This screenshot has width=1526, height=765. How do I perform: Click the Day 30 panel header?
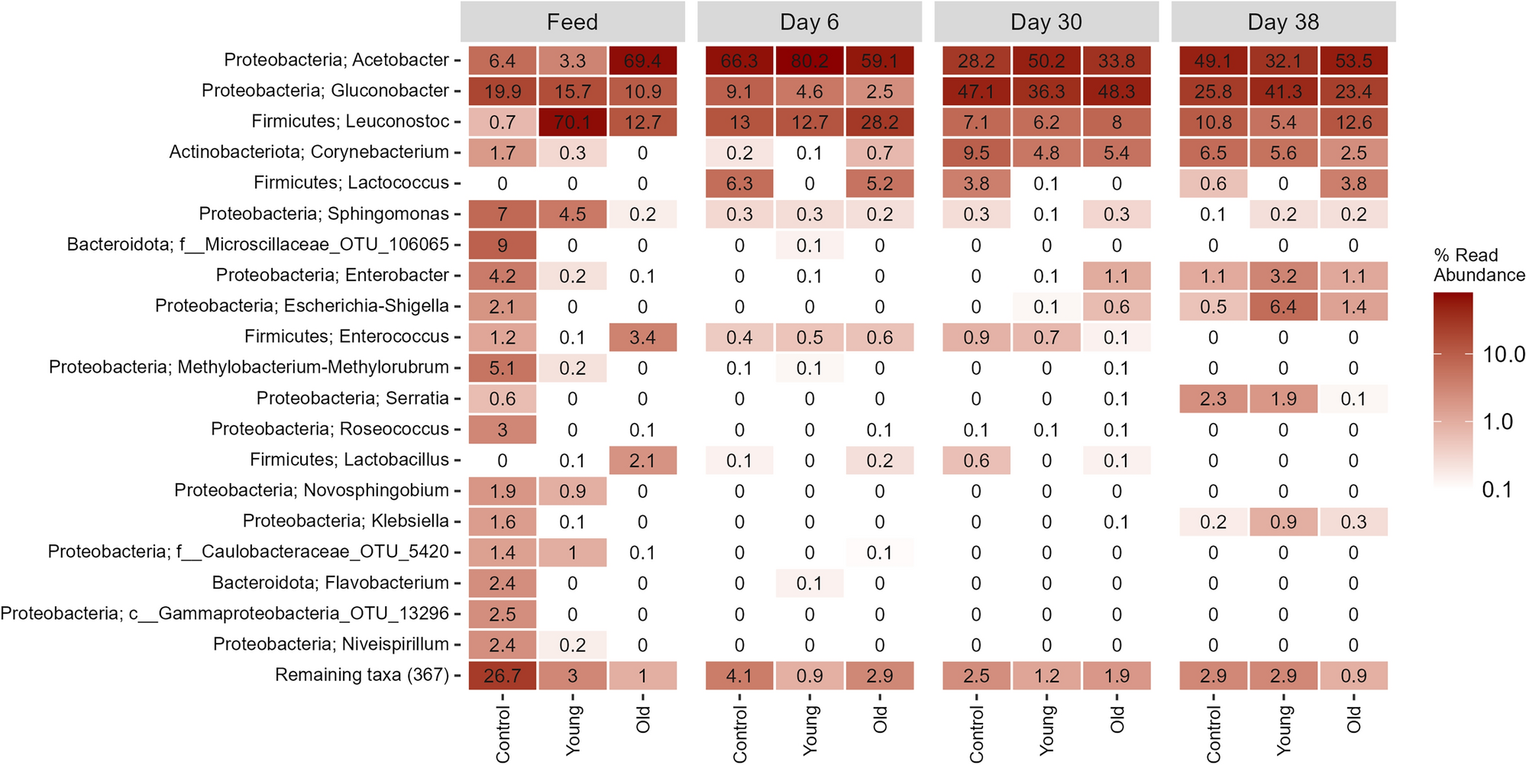click(x=1046, y=22)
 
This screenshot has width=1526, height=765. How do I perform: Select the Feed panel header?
click(x=572, y=22)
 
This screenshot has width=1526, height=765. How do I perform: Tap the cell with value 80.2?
click(x=810, y=60)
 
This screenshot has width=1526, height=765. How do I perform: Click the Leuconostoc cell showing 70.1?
click(x=572, y=122)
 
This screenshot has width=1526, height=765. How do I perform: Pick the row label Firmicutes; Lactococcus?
click(x=351, y=183)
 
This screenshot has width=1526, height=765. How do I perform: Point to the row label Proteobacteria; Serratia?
click(x=352, y=399)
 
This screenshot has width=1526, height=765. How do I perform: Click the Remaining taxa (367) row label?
click(x=362, y=675)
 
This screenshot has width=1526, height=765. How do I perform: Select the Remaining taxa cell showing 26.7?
click(x=502, y=676)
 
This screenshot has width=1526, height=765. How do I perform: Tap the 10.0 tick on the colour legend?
click(x=1503, y=354)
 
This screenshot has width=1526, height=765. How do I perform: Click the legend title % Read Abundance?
click(x=1478, y=265)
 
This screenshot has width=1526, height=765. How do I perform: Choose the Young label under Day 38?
click(x=1283, y=730)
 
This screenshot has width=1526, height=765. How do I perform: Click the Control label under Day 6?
click(x=739, y=733)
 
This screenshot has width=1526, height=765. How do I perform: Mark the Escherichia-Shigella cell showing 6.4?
click(x=1283, y=307)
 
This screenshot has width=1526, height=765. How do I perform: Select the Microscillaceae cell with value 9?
click(x=502, y=245)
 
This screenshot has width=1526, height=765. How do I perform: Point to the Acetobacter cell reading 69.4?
click(x=642, y=60)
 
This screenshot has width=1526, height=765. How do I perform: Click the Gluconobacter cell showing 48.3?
click(x=1116, y=92)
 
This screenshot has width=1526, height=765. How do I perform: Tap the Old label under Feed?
click(x=642, y=719)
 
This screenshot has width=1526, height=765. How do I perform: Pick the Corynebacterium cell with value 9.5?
click(x=976, y=153)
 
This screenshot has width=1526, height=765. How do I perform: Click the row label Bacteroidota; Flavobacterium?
click(x=331, y=583)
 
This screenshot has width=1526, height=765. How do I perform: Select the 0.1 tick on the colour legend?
click(x=1497, y=489)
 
